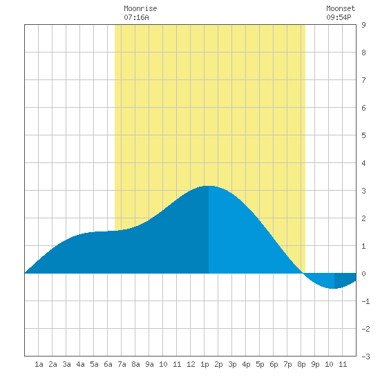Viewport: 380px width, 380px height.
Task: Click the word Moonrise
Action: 140,8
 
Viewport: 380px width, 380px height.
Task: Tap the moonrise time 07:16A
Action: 136,17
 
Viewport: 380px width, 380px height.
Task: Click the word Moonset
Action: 341,8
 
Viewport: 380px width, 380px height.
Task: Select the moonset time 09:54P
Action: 339,17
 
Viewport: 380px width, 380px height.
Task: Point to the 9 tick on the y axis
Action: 363,25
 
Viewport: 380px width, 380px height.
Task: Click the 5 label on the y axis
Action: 363,135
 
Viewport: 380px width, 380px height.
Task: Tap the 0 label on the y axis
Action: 363,274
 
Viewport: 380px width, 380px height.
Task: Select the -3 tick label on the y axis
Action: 365,357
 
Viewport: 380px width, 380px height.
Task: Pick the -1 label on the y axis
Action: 365,301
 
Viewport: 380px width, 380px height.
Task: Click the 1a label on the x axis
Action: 39,364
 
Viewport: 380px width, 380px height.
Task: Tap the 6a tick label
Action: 108,364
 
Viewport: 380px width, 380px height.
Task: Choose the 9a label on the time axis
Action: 149,364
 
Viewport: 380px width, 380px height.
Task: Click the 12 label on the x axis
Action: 191,364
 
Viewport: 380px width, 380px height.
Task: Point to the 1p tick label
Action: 205,364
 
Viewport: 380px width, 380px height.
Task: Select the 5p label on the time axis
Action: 260,364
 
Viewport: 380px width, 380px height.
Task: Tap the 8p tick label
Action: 301,364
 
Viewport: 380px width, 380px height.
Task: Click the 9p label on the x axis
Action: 315,364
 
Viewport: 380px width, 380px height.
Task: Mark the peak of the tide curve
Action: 209,186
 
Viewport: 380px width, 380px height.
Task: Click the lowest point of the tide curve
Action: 334,288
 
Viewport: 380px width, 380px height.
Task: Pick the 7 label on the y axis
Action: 363,80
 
